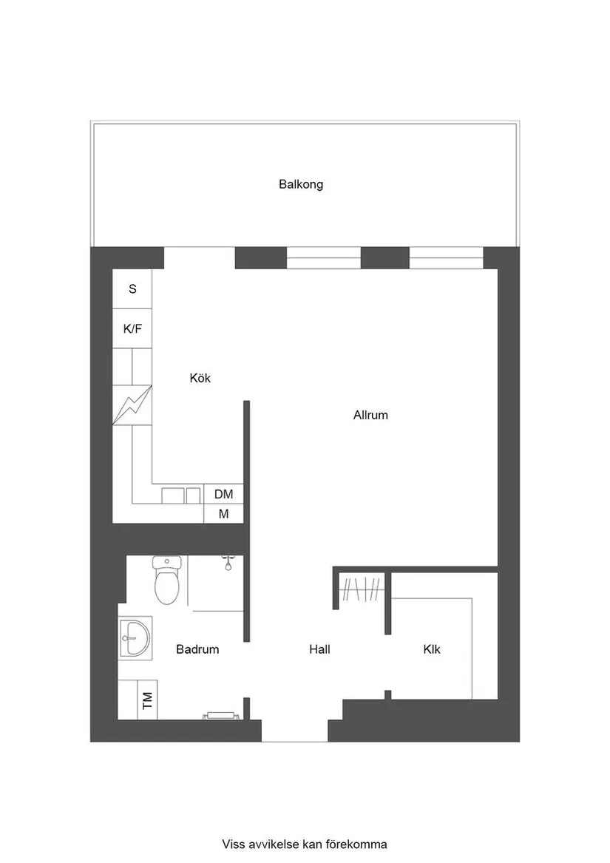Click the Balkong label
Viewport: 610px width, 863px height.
click(x=300, y=184)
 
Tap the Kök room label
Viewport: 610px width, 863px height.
click(x=200, y=378)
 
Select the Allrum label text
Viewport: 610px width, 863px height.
click(x=370, y=415)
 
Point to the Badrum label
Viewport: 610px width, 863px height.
click(x=197, y=649)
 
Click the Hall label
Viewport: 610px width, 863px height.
click(x=319, y=649)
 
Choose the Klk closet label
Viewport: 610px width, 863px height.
click(x=432, y=649)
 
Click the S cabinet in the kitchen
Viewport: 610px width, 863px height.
click(x=132, y=289)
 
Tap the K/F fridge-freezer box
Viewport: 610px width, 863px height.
click(x=132, y=329)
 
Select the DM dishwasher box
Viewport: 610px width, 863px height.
click(x=223, y=494)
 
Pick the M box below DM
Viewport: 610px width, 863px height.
click(x=223, y=514)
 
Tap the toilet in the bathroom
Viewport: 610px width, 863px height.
click(x=166, y=581)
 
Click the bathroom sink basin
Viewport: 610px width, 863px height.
click(x=135, y=636)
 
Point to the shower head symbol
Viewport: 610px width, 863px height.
click(x=230, y=564)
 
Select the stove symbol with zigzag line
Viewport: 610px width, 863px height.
click(x=132, y=405)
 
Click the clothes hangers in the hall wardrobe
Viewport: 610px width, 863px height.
click(x=362, y=592)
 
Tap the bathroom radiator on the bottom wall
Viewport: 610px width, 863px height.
click(x=221, y=715)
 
